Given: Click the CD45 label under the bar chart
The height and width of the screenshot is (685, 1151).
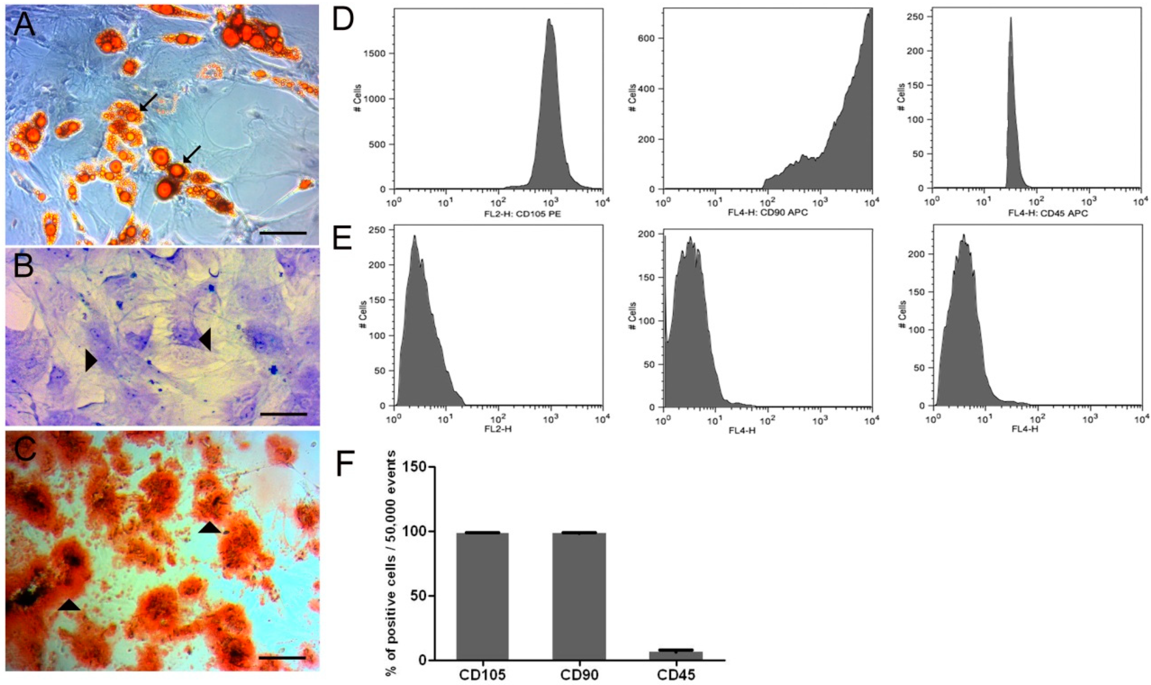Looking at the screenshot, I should click(x=676, y=674).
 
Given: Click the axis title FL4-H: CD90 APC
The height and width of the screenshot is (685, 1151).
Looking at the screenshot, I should click(x=768, y=213).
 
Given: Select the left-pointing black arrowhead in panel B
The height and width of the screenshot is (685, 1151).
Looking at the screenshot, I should click(x=205, y=339).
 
